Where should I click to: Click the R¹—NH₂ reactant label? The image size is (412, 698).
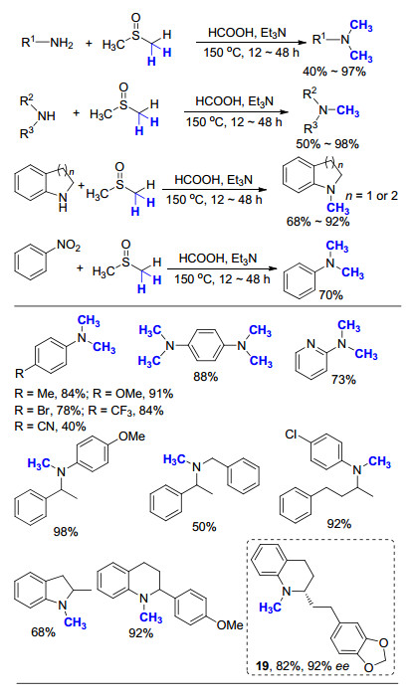point(47,43)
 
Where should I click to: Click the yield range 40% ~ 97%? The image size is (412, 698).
point(334,72)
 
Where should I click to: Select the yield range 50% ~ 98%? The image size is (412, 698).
point(327,144)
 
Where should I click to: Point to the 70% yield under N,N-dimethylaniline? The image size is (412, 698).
point(331,294)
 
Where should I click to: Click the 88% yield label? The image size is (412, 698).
point(205,377)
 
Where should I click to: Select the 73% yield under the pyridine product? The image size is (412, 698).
point(343,379)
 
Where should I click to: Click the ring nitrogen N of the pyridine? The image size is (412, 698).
point(310,344)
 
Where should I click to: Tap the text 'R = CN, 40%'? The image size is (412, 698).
point(50,426)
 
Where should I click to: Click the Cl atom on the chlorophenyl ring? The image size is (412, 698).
point(292,435)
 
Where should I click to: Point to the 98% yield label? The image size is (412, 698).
point(66,531)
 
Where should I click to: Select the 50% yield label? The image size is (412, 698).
point(204,527)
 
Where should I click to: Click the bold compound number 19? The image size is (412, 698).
point(263,665)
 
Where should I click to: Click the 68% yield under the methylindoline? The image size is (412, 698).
point(43,631)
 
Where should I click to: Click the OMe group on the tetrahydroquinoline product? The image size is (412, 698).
point(230,625)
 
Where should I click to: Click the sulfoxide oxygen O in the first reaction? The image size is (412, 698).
point(136,18)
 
